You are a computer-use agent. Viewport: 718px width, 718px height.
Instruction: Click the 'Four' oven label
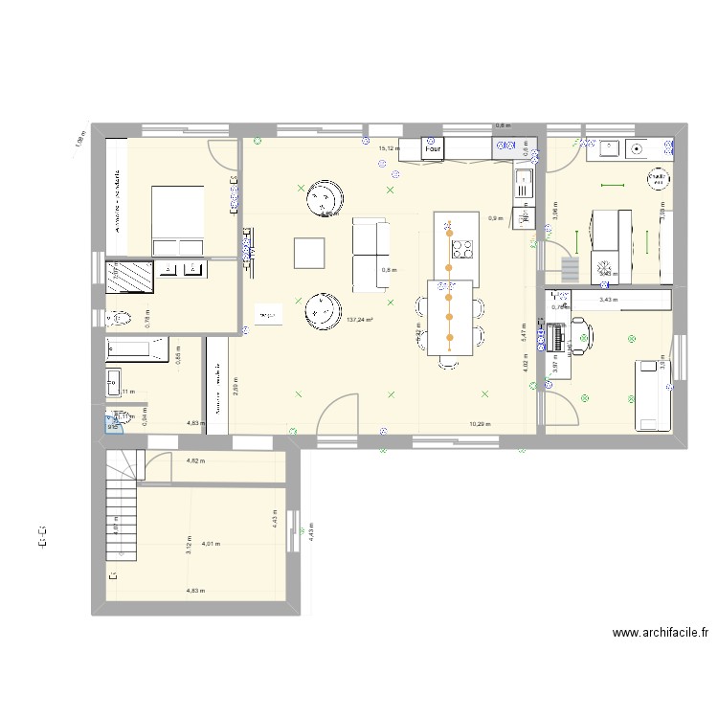point(433,149)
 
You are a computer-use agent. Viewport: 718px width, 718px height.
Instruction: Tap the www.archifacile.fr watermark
point(661,633)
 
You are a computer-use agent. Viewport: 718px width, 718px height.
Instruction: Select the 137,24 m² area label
point(360,320)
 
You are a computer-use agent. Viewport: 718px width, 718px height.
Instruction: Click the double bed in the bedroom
point(177,221)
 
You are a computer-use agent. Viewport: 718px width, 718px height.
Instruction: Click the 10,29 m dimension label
point(480,423)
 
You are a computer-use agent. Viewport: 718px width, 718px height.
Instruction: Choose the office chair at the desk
point(582,335)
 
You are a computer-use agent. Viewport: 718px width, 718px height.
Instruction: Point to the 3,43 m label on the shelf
point(608,300)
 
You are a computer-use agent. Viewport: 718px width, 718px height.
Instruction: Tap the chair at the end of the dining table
point(448,362)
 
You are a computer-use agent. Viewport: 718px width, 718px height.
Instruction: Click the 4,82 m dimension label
point(195,461)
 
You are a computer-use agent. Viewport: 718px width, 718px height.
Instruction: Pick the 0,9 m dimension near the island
point(494,218)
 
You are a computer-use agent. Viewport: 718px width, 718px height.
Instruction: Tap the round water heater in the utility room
point(657,178)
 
